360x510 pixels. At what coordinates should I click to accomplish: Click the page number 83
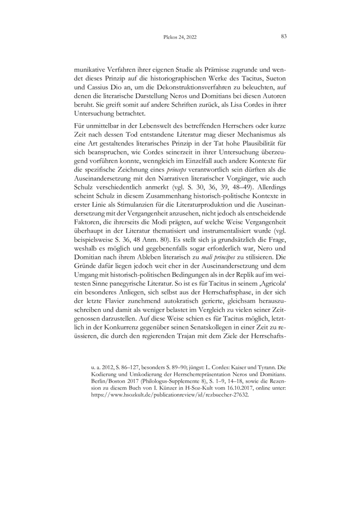coord(284,37)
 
